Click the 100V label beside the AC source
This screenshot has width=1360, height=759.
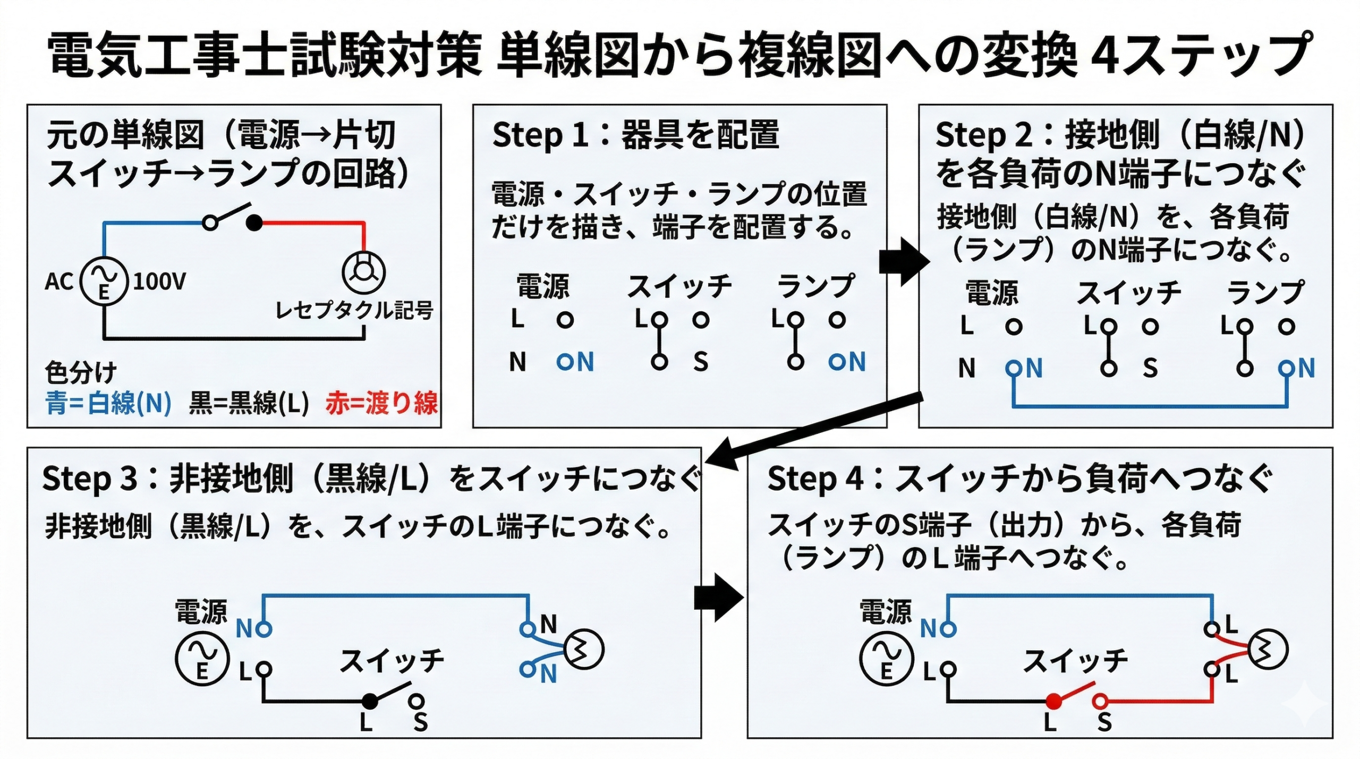point(159,282)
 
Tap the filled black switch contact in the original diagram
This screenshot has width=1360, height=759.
point(254,223)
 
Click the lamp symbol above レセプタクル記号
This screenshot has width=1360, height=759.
point(363,272)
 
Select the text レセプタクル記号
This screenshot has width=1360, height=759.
point(354,310)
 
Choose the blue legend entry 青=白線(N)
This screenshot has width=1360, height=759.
point(108,403)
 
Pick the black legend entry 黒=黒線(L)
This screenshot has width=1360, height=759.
point(249,403)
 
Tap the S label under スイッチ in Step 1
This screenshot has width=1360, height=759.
point(701,362)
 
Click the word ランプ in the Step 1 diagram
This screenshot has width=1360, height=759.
point(815,286)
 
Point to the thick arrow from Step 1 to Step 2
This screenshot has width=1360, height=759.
point(904,262)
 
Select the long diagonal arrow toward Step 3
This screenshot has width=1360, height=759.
point(813,430)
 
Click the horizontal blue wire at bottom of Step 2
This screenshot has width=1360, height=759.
point(1150,406)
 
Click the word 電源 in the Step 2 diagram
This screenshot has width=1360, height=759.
point(991,293)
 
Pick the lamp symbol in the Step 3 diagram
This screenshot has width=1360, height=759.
point(583,649)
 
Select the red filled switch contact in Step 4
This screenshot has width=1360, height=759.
point(1053,701)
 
